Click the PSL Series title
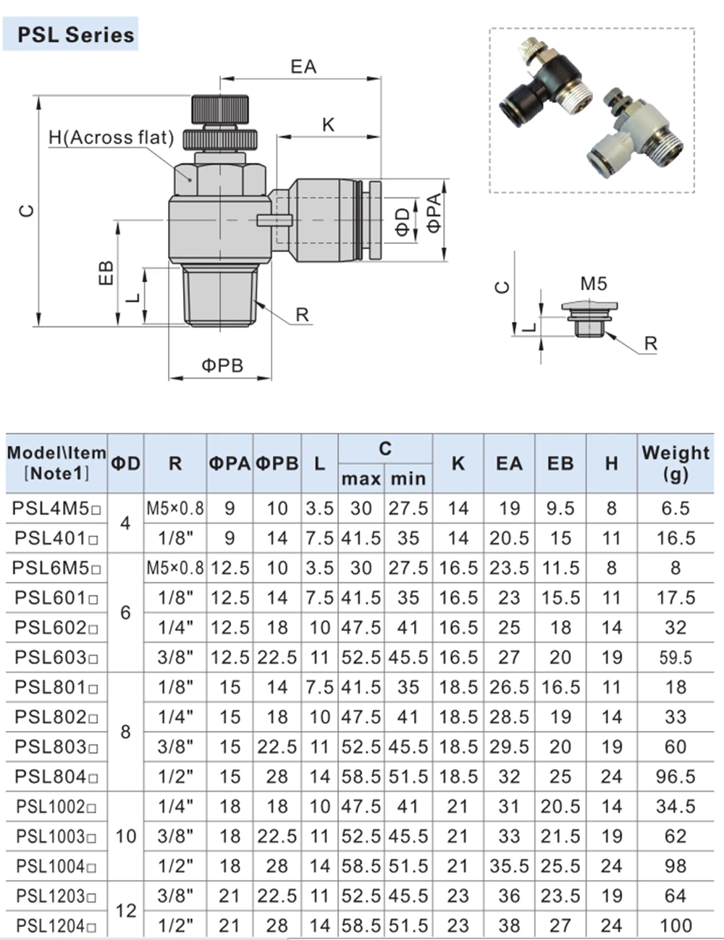[x=76, y=35]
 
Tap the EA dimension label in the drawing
[x=303, y=67]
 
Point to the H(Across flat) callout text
[x=111, y=137]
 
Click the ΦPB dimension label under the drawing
[x=222, y=366]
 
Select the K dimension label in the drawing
[x=328, y=125]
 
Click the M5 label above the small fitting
[x=594, y=284]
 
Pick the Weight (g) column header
[x=675, y=463]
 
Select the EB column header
[x=560, y=463]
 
